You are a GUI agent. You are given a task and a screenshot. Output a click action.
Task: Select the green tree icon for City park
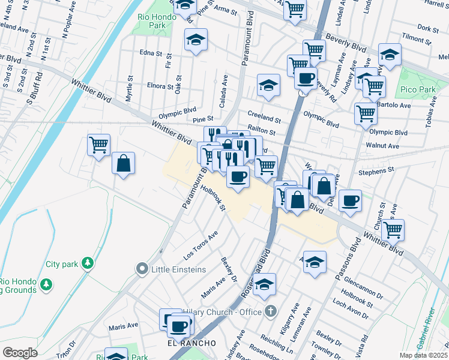click(x=88, y=263)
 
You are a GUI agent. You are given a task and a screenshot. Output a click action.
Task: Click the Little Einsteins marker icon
click(x=142, y=269)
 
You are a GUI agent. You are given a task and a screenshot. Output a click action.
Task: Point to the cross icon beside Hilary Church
click(x=271, y=311)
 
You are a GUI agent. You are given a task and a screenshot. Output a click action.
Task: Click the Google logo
click(x=20, y=353)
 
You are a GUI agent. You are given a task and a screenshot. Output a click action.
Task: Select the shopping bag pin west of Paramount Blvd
click(x=123, y=164)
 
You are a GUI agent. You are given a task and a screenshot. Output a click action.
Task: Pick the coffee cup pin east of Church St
click(x=350, y=200)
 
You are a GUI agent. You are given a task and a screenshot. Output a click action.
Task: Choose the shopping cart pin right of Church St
click(x=393, y=229)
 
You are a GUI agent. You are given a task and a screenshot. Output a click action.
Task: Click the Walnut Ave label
click(x=382, y=146)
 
